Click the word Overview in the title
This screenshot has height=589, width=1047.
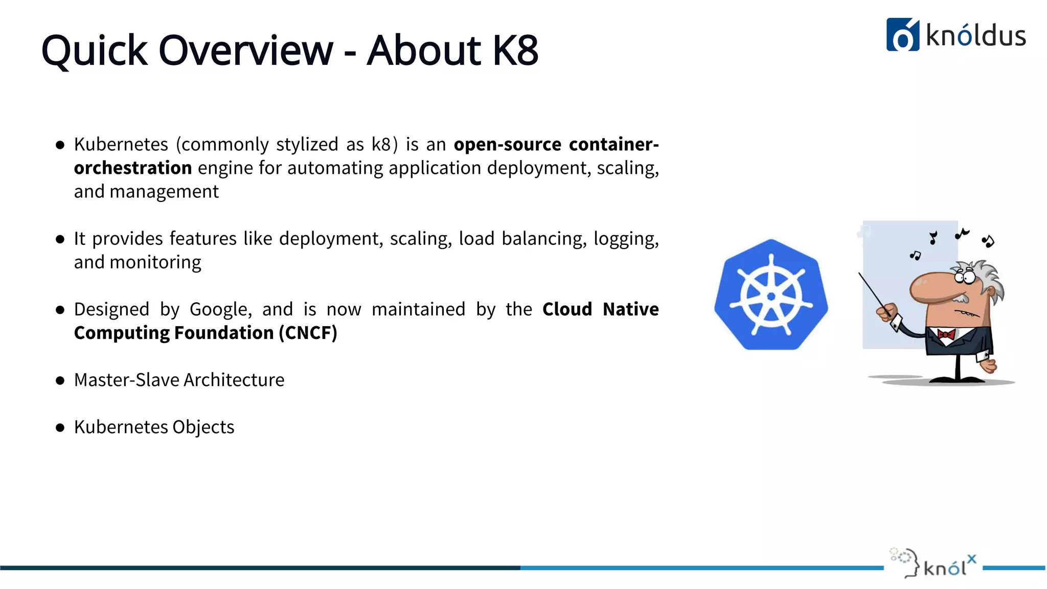click(246, 50)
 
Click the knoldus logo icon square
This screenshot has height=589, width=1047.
click(902, 35)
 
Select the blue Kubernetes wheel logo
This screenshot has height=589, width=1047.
click(771, 296)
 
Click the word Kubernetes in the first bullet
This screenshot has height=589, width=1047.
click(121, 145)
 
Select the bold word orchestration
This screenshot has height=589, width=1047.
click(133, 168)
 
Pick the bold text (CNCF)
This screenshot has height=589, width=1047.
click(308, 333)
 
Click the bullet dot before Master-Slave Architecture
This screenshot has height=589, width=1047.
click(60, 381)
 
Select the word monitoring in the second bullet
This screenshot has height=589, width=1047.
click(155, 262)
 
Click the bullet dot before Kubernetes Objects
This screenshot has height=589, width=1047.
click(60, 428)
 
